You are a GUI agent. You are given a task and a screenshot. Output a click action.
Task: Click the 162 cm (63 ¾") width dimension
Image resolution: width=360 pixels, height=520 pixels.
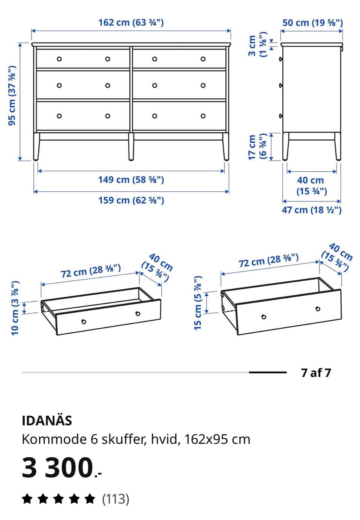point(131,23)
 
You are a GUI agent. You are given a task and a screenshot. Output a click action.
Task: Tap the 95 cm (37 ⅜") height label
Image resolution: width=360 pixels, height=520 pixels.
point(12,96)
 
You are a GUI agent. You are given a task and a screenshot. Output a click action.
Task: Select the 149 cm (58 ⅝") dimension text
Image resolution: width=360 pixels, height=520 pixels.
point(131,180)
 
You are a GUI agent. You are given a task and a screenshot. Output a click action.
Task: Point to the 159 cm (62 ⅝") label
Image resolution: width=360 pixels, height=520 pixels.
point(131,200)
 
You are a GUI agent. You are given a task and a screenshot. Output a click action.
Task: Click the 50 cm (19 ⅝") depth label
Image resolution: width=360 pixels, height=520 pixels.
point(312,23)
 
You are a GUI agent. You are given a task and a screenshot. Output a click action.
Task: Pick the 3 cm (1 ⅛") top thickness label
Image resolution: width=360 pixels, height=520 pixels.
point(258,45)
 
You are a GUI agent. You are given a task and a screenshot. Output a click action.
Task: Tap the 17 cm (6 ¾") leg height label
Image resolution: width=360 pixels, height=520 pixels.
point(258,146)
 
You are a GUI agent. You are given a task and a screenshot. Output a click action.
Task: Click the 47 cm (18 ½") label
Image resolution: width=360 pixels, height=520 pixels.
point(312,210)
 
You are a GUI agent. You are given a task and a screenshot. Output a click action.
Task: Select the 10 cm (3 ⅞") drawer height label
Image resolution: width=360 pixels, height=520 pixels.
point(15,308)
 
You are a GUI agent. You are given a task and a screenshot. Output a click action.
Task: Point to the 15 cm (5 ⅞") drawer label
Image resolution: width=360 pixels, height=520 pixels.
point(198,303)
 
